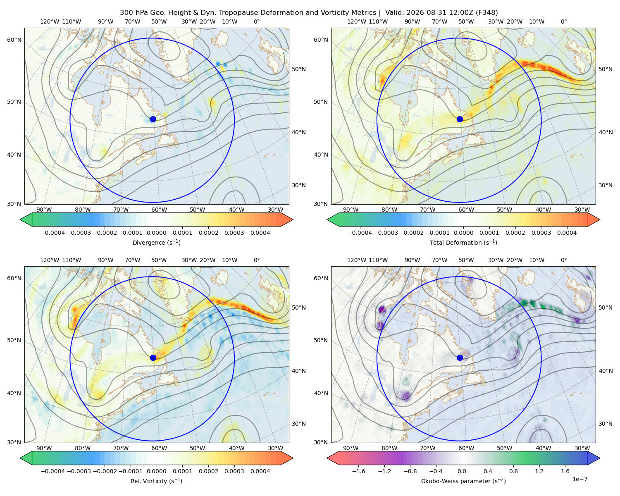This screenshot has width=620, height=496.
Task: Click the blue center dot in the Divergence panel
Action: tap(153, 119)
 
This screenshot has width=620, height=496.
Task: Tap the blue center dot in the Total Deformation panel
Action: tap(460, 119)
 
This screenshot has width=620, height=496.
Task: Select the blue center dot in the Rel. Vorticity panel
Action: tap(153, 358)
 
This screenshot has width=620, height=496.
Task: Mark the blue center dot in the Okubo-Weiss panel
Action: tap(460, 358)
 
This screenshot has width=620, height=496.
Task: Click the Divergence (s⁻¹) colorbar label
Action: tap(156, 242)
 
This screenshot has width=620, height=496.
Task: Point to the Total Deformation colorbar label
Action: tap(463, 242)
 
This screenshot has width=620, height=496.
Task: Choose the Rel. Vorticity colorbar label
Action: tap(156, 481)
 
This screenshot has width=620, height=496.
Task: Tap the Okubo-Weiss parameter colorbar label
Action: tap(463, 481)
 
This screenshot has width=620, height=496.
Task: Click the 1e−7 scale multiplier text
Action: tap(579, 479)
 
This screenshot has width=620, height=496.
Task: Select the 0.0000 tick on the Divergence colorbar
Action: tap(156, 233)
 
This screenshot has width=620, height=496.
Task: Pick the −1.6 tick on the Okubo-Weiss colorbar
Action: tap(358, 471)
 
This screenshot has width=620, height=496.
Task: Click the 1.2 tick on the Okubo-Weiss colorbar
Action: tap(539, 471)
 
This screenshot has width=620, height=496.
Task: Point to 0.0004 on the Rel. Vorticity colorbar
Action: tap(260, 471)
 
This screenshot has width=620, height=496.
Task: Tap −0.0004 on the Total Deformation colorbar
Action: tap(360, 233)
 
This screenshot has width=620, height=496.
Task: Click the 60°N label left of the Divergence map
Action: tap(14, 40)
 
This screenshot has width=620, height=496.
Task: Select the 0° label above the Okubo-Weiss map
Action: tap(563, 260)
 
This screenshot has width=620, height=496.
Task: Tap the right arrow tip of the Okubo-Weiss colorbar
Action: tap(600, 458)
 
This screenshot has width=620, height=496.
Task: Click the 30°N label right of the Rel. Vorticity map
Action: tap(299, 423)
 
